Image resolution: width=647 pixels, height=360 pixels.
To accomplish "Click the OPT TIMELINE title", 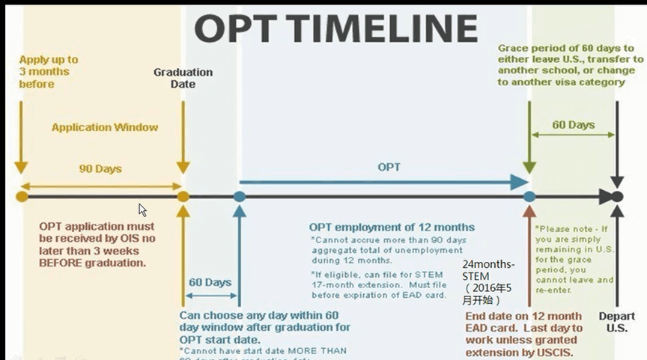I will click(x=336, y=28).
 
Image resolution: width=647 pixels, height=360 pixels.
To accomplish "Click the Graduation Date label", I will click(x=183, y=78).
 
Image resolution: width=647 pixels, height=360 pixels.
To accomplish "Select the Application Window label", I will click(x=105, y=127).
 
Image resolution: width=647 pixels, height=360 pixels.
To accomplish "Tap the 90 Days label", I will click(x=100, y=169).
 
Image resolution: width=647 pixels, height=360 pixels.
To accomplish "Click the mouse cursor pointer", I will click(x=142, y=210).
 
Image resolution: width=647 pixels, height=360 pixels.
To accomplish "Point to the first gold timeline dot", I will click(x=22, y=197).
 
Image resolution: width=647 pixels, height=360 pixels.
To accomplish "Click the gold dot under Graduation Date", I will click(x=183, y=197).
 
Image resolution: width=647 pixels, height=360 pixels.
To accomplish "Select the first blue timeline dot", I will click(x=239, y=197).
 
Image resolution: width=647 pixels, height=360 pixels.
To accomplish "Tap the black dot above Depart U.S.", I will click(x=617, y=197).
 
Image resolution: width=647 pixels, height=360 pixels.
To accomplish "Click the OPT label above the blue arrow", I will click(x=389, y=167).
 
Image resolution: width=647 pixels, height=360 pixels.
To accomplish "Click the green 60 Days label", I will click(x=574, y=124).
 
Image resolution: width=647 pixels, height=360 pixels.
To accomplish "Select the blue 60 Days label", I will click(x=210, y=282).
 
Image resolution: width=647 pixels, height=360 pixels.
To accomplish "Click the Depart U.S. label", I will click(x=616, y=323).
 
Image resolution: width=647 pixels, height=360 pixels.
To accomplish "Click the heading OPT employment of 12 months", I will click(x=392, y=227).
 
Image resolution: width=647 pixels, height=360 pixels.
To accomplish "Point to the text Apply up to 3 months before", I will click(x=49, y=72).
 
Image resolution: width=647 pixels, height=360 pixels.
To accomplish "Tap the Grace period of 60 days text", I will click(x=571, y=65).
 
